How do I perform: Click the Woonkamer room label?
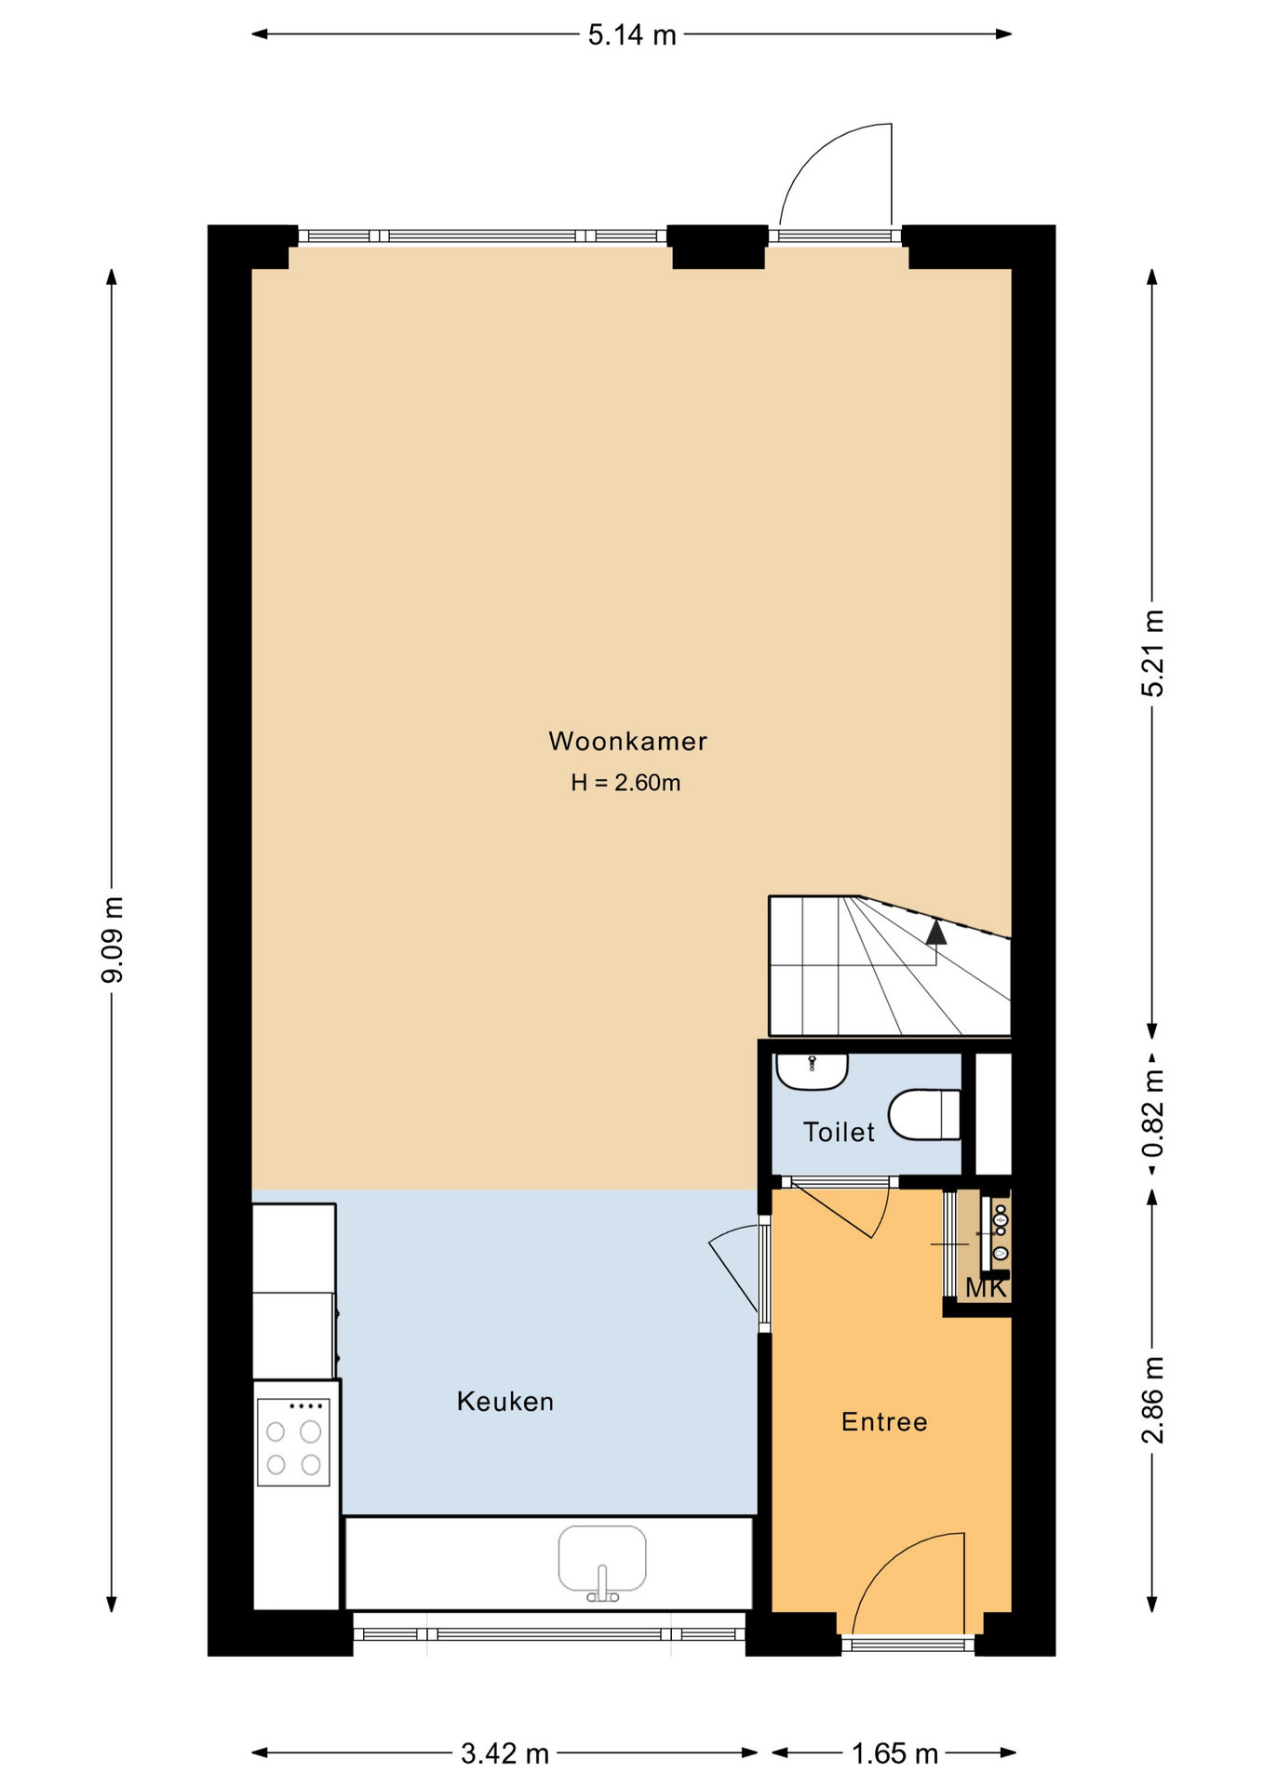click(x=627, y=741)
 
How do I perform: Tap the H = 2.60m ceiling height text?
click(x=625, y=783)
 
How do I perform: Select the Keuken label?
click(x=505, y=1401)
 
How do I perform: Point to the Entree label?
click(x=884, y=1421)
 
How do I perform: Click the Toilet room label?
click(x=839, y=1132)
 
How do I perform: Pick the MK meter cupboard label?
click(x=986, y=1288)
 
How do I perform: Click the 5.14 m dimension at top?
click(x=632, y=35)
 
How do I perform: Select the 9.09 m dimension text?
click(x=113, y=940)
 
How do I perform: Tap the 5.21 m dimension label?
click(x=1153, y=653)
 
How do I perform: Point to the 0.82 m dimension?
click(x=1153, y=1113)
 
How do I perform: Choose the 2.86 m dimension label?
click(x=1153, y=1400)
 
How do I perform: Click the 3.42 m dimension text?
click(x=504, y=1753)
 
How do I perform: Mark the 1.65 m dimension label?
click(x=894, y=1753)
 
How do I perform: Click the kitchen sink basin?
click(x=602, y=1559)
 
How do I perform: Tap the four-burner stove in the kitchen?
click(x=293, y=1442)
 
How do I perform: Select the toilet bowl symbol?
click(x=923, y=1114)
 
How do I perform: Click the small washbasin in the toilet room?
click(x=812, y=1071)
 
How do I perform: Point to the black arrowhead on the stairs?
click(x=936, y=932)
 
